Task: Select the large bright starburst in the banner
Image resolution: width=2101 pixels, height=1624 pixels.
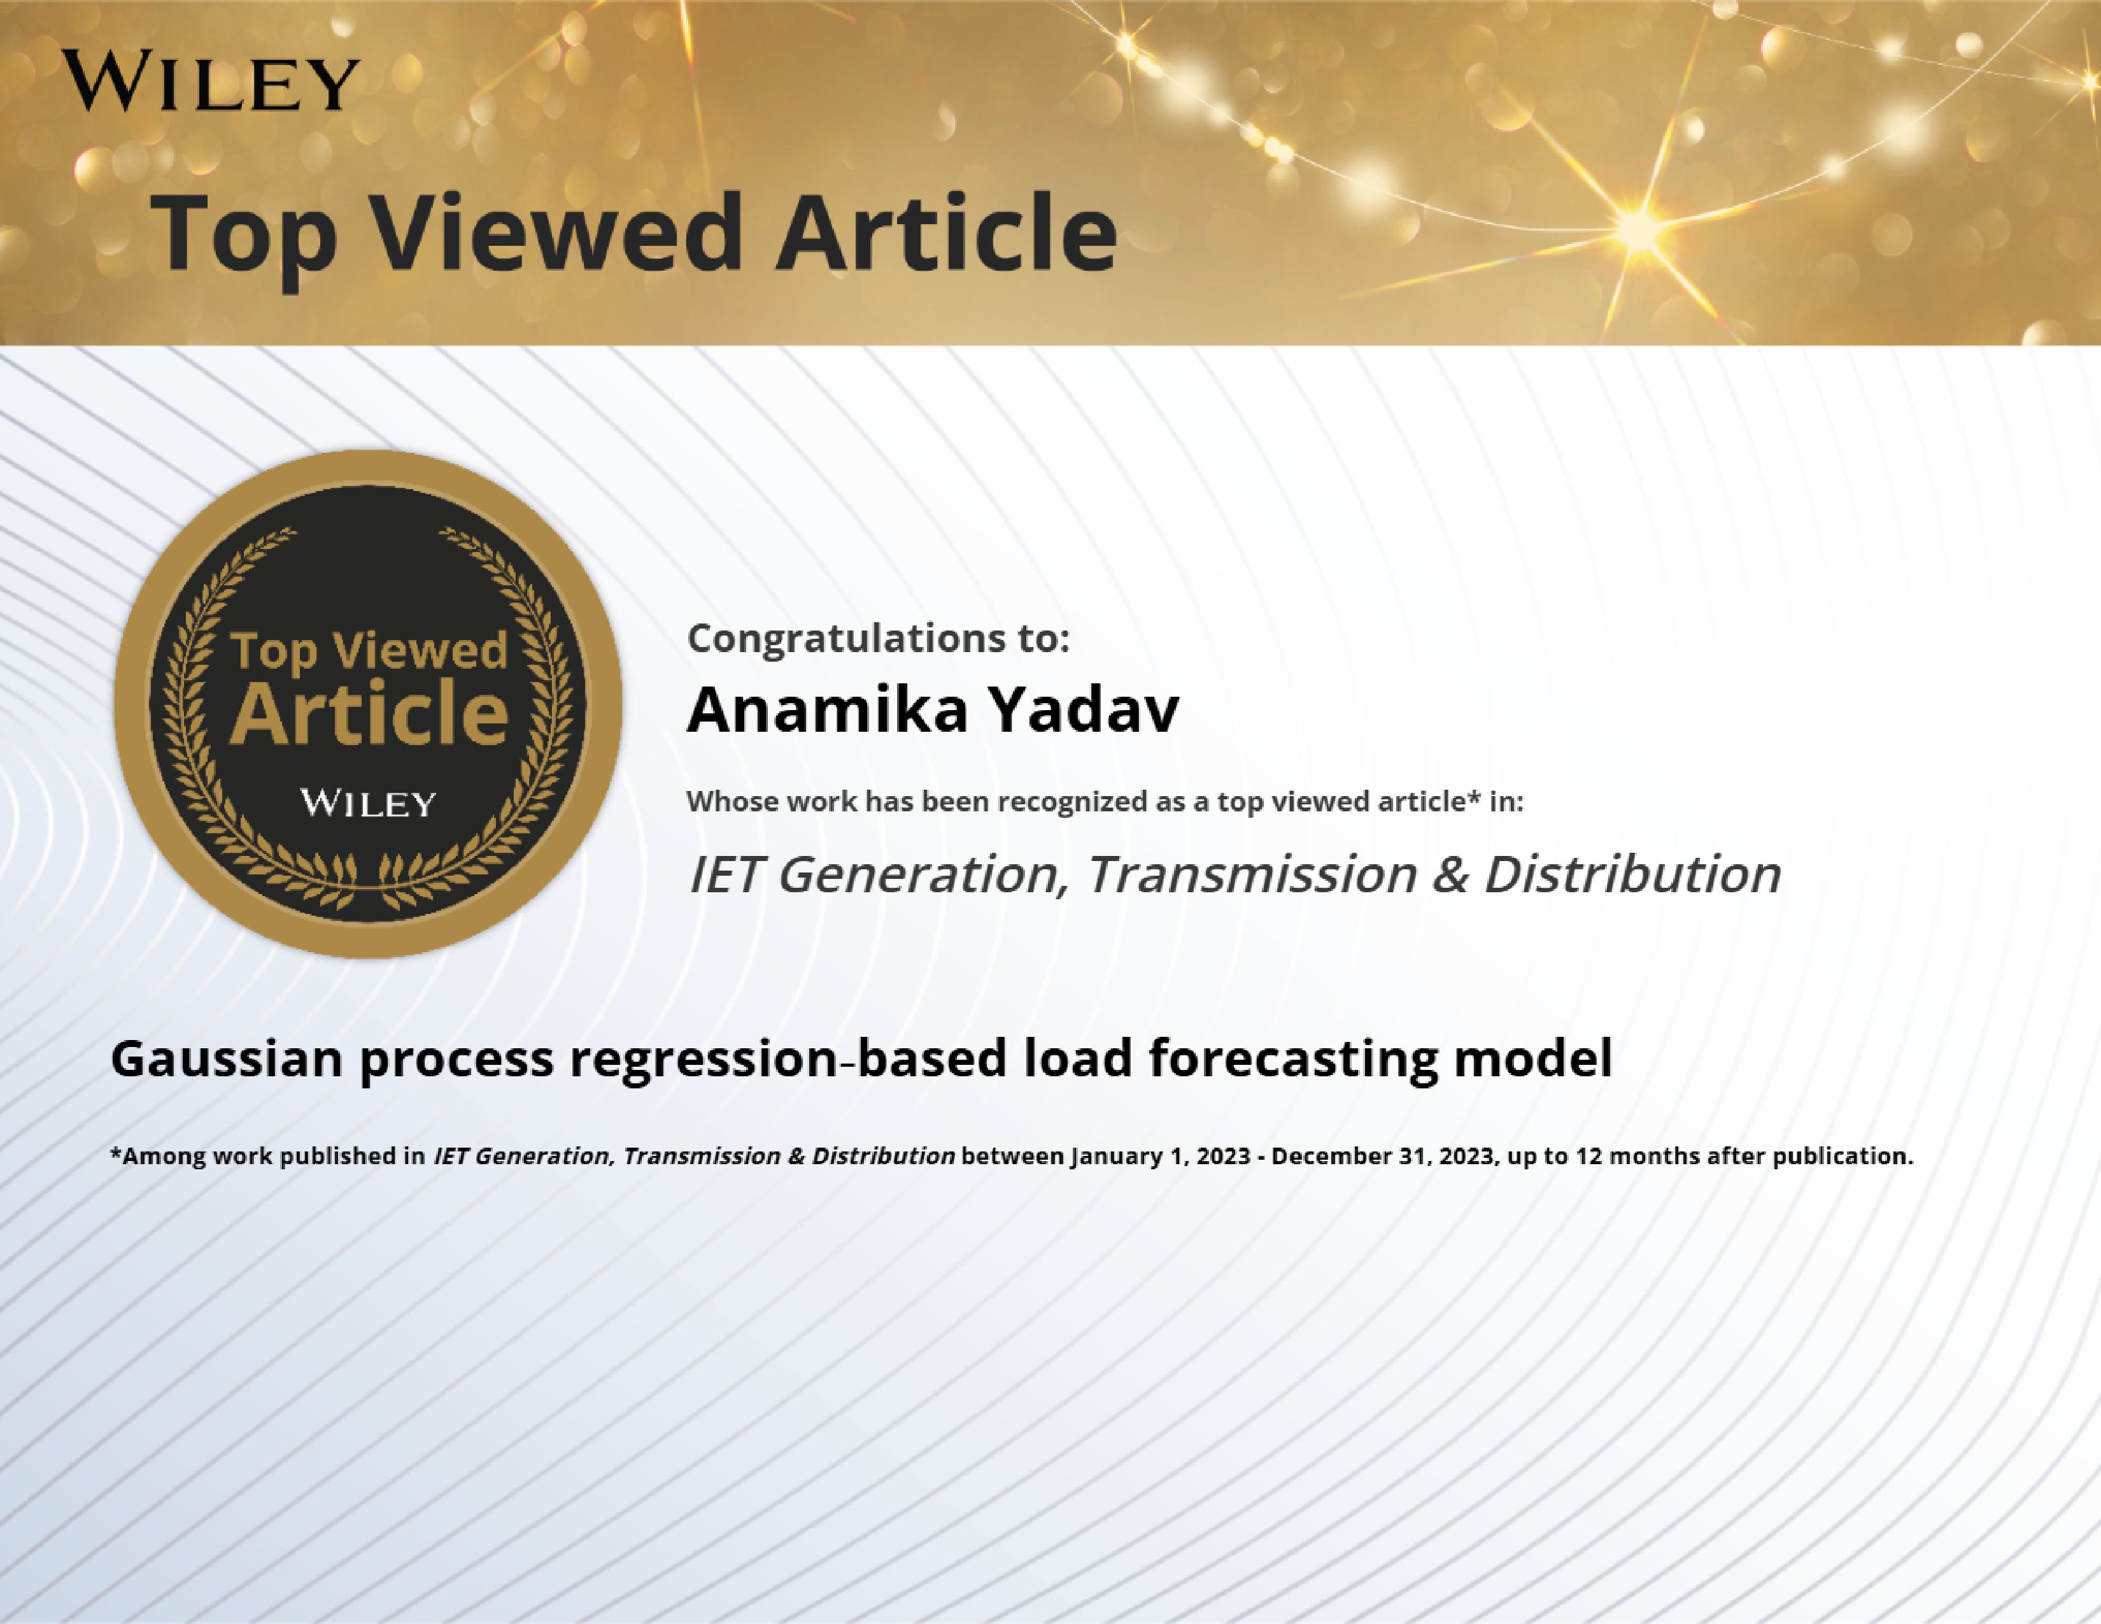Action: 1638,227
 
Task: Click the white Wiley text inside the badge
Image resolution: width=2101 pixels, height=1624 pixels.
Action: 369,802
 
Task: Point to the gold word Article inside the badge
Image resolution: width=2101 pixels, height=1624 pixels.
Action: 369,713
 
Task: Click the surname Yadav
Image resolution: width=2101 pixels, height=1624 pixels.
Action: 1085,710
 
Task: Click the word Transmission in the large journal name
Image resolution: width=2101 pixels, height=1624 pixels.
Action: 1252,874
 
